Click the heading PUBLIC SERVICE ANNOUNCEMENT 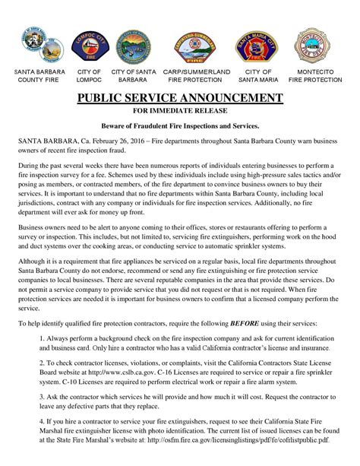click(180, 98)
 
